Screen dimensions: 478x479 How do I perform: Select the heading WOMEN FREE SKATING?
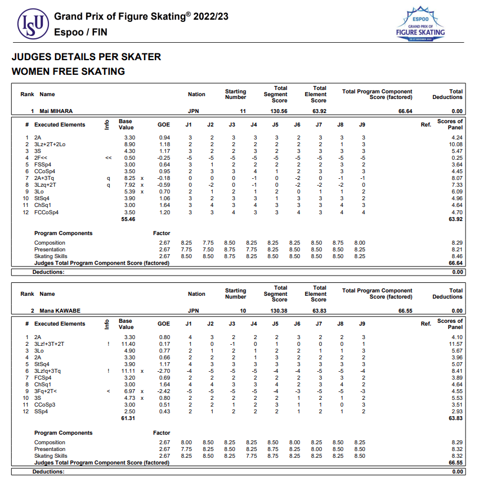pos(68,71)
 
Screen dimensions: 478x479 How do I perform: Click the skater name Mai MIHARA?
pos(56,111)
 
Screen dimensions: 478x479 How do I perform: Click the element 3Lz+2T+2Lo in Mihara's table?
pos(50,145)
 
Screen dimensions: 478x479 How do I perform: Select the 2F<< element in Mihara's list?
pos(41,158)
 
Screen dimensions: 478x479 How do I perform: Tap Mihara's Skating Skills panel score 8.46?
pos(456,256)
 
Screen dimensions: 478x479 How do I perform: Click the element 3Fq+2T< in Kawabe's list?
pos(47,391)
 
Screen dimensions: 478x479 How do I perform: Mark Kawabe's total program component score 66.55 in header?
pos(405,310)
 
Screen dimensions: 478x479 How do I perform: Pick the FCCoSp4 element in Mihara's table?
pos(46,213)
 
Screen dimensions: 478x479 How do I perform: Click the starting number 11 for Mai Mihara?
pos(243,111)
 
